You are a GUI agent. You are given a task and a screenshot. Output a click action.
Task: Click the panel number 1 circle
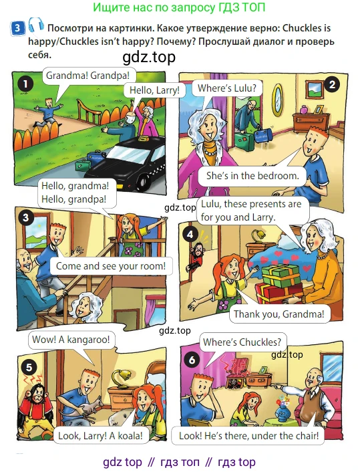coord(25,84)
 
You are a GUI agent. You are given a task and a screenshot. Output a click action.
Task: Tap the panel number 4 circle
coord(190,234)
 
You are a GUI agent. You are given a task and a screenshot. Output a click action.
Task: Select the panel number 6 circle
coord(192,360)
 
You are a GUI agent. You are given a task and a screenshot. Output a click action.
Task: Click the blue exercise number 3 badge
coord(17,27)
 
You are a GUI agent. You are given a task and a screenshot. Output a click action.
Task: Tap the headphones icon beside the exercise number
coord(36,25)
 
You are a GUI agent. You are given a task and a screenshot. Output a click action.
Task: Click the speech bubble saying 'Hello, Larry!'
coord(154,90)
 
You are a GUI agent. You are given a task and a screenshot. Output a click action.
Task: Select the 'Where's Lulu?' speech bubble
coord(227,88)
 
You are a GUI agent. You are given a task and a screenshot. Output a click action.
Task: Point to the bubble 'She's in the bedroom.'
coord(252,176)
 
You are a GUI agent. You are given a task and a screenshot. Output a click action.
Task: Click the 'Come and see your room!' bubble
coord(111,266)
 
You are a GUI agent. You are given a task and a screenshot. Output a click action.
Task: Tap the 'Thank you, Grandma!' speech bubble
coord(279,314)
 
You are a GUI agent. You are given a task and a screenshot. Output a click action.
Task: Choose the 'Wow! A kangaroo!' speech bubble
coord(71,340)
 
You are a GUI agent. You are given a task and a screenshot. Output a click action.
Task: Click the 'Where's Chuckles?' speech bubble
coord(242,342)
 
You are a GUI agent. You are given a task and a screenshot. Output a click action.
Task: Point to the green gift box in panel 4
coord(281,275)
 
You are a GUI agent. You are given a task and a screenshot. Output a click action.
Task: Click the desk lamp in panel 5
coord(120,378)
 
